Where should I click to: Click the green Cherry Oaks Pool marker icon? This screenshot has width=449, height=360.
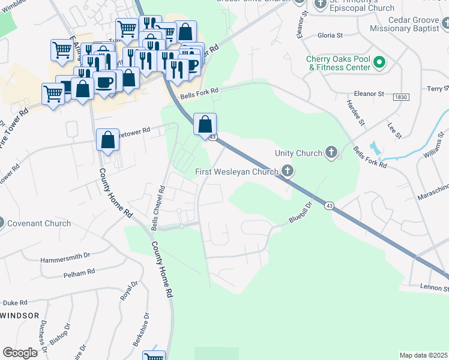pyautogui.click(x=379, y=62)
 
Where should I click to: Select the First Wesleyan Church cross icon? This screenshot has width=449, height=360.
pyautogui.click(x=288, y=172)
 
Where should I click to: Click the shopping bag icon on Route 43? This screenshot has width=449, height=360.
pyautogui.click(x=205, y=124)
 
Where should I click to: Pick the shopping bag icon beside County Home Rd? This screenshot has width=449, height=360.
pyautogui.click(x=107, y=140)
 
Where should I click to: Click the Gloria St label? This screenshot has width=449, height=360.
pyautogui.click(x=330, y=35)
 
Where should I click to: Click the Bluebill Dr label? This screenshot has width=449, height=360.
pyautogui.click(x=302, y=212)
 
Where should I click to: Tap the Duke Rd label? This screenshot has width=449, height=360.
pyautogui.click(x=15, y=303)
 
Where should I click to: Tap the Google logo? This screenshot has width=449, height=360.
pyautogui.click(x=20, y=353)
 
